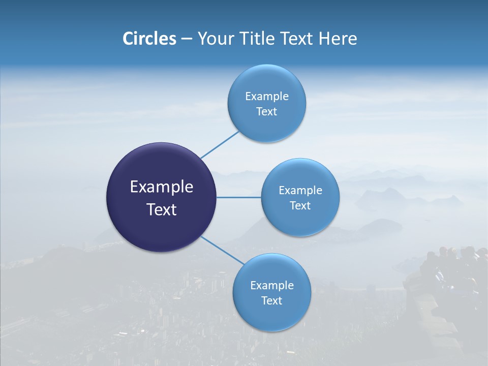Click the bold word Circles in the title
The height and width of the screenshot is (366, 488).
pyautogui.click(x=149, y=39)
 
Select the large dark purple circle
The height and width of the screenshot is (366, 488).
pyautogui.click(x=161, y=197)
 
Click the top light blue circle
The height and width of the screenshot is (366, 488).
pyautogui.click(x=266, y=103)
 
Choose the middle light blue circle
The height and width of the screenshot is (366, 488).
pyautogui.click(x=300, y=197)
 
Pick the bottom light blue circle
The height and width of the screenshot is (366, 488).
pyautogui.click(x=271, y=292)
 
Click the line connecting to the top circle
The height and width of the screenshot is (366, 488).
pyautogui.click(x=219, y=145)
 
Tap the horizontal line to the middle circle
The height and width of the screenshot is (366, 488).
pyautogui.click(x=239, y=197)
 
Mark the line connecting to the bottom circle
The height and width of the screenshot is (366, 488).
pyautogui.click(x=223, y=251)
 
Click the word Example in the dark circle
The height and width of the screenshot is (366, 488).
pyautogui.click(x=161, y=187)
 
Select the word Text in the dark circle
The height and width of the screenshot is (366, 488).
pyautogui.click(x=161, y=209)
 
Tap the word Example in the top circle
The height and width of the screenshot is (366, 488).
pyautogui.click(x=266, y=97)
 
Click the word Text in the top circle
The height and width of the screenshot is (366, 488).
pyautogui.click(x=266, y=112)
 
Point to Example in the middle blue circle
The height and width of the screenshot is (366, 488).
pyautogui.click(x=300, y=191)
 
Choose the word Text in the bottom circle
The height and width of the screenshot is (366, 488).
pyautogui.click(x=271, y=301)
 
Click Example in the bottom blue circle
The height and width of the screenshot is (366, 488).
pyautogui.click(x=271, y=286)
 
